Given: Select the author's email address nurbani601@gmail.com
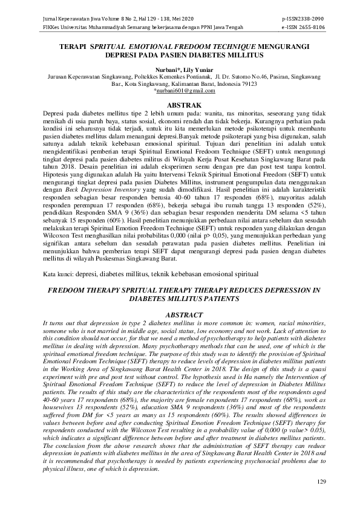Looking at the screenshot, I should [x=181, y=90].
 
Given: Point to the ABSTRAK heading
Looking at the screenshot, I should [x=180, y=105].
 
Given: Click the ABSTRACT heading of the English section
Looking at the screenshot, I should [x=180, y=315].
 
